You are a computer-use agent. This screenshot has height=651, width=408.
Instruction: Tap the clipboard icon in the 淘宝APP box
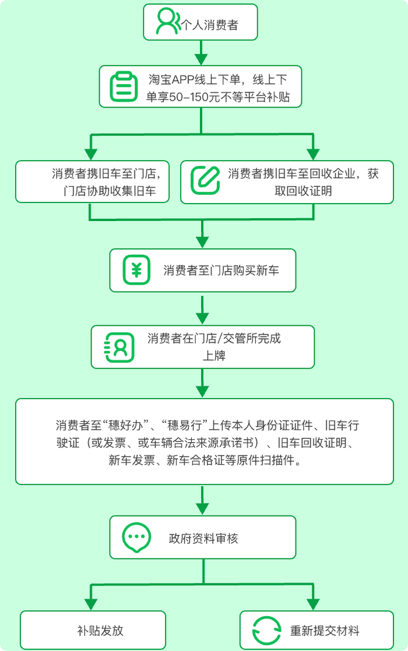(x=124, y=87)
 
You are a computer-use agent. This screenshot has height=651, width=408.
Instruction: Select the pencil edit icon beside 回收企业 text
(x=205, y=180)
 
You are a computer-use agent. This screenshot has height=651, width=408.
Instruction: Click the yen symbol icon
(x=136, y=270)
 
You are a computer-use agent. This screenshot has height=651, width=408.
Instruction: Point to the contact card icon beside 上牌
(x=119, y=347)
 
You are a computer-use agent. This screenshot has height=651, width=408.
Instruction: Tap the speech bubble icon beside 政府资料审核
(x=136, y=537)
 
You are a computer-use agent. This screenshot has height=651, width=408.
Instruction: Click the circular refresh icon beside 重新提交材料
(x=266, y=631)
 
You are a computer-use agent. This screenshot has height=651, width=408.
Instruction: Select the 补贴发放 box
(x=93, y=630)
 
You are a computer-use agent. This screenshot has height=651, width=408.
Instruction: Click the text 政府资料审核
(x=203, y=539)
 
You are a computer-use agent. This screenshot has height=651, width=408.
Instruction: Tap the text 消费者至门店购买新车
(x=221, y=271)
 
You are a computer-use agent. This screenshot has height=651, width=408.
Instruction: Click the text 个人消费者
(x=210, y=26)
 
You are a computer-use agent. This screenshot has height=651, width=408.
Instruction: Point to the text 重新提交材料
(x=325, y=631)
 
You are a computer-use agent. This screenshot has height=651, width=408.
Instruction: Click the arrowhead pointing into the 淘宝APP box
(x=201, y=59)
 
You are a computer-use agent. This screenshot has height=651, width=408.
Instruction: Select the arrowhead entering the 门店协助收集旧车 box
(x=91, y=154)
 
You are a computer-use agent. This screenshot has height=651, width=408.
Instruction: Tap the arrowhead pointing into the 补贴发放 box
(x=91, y=604)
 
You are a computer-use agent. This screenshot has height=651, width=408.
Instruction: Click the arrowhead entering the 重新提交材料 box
(x=313, y=604)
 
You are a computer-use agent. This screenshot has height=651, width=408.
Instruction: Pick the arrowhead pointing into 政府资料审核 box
(x=202, y=509)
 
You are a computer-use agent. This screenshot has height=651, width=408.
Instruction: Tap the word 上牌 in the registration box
(x=214, y=356)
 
